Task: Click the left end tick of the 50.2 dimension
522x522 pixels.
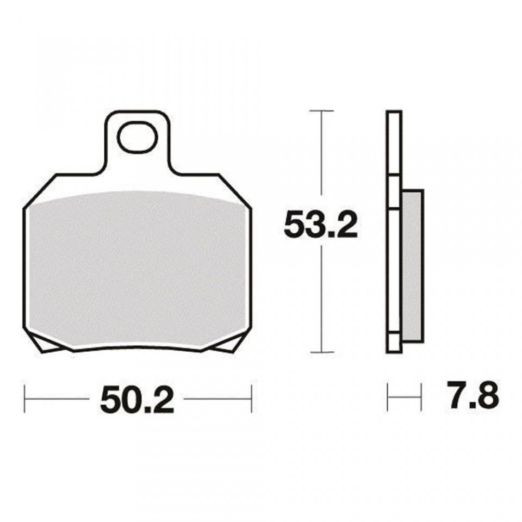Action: click(26, 399)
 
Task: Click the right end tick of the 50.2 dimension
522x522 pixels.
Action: click(251, 399)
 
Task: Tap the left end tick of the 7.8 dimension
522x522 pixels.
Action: click(388, 398)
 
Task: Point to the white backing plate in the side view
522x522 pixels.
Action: click(394, 228)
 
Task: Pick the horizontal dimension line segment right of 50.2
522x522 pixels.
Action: click(217, 399)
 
